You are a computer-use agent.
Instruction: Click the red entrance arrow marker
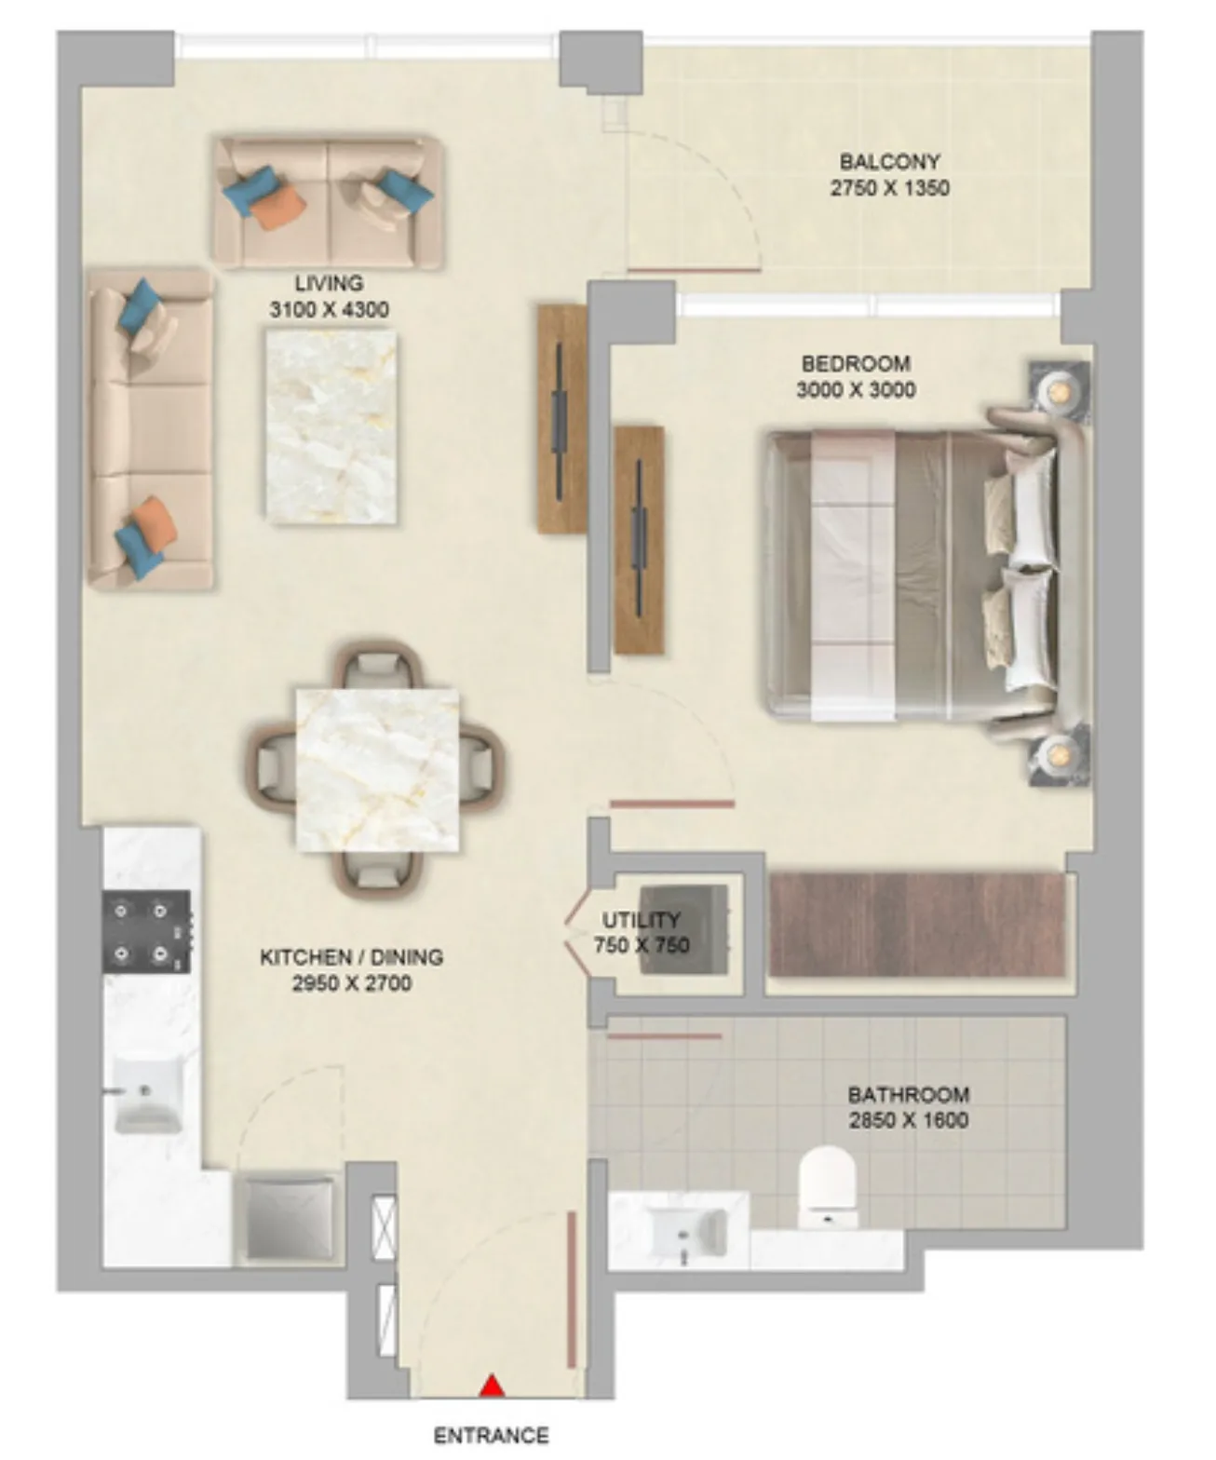pos(493,1386)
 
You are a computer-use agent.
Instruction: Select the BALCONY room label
pos(889,161)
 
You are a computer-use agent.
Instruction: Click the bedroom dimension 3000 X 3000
pos(856,389)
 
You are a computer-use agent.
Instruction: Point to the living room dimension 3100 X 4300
pos(330,309)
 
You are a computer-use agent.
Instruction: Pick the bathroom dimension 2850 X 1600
pos(909,1120)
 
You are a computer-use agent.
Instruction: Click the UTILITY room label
pos(642,919)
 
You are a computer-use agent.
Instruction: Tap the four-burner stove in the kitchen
pos(147,931)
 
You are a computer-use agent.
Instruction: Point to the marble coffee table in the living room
pos(331,426)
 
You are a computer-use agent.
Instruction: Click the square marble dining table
pos(378,770)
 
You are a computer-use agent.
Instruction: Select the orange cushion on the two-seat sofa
pos(278,205)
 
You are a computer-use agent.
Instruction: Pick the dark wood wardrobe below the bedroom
pos(917,924)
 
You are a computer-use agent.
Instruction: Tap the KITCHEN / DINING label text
pos(351,956)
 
